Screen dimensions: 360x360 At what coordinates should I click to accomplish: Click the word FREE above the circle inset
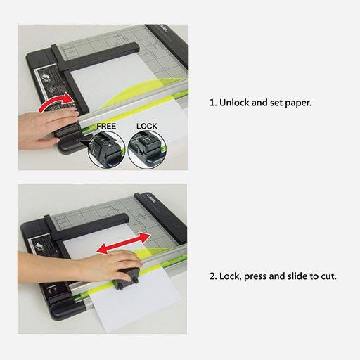coord(106,126)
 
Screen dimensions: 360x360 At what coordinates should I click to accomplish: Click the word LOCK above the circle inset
coord(147,126)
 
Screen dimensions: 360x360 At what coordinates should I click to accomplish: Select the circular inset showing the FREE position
coord(107,149)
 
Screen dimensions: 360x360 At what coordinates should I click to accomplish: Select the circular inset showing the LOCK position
coord(146,149)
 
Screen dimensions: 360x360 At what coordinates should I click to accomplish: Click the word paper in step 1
coord(295,102)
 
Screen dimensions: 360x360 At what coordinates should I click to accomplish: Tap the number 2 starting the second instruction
coord(212,276)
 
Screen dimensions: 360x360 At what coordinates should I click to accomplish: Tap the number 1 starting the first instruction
coord(212,102)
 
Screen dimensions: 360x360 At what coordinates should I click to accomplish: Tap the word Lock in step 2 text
coord(231,276)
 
